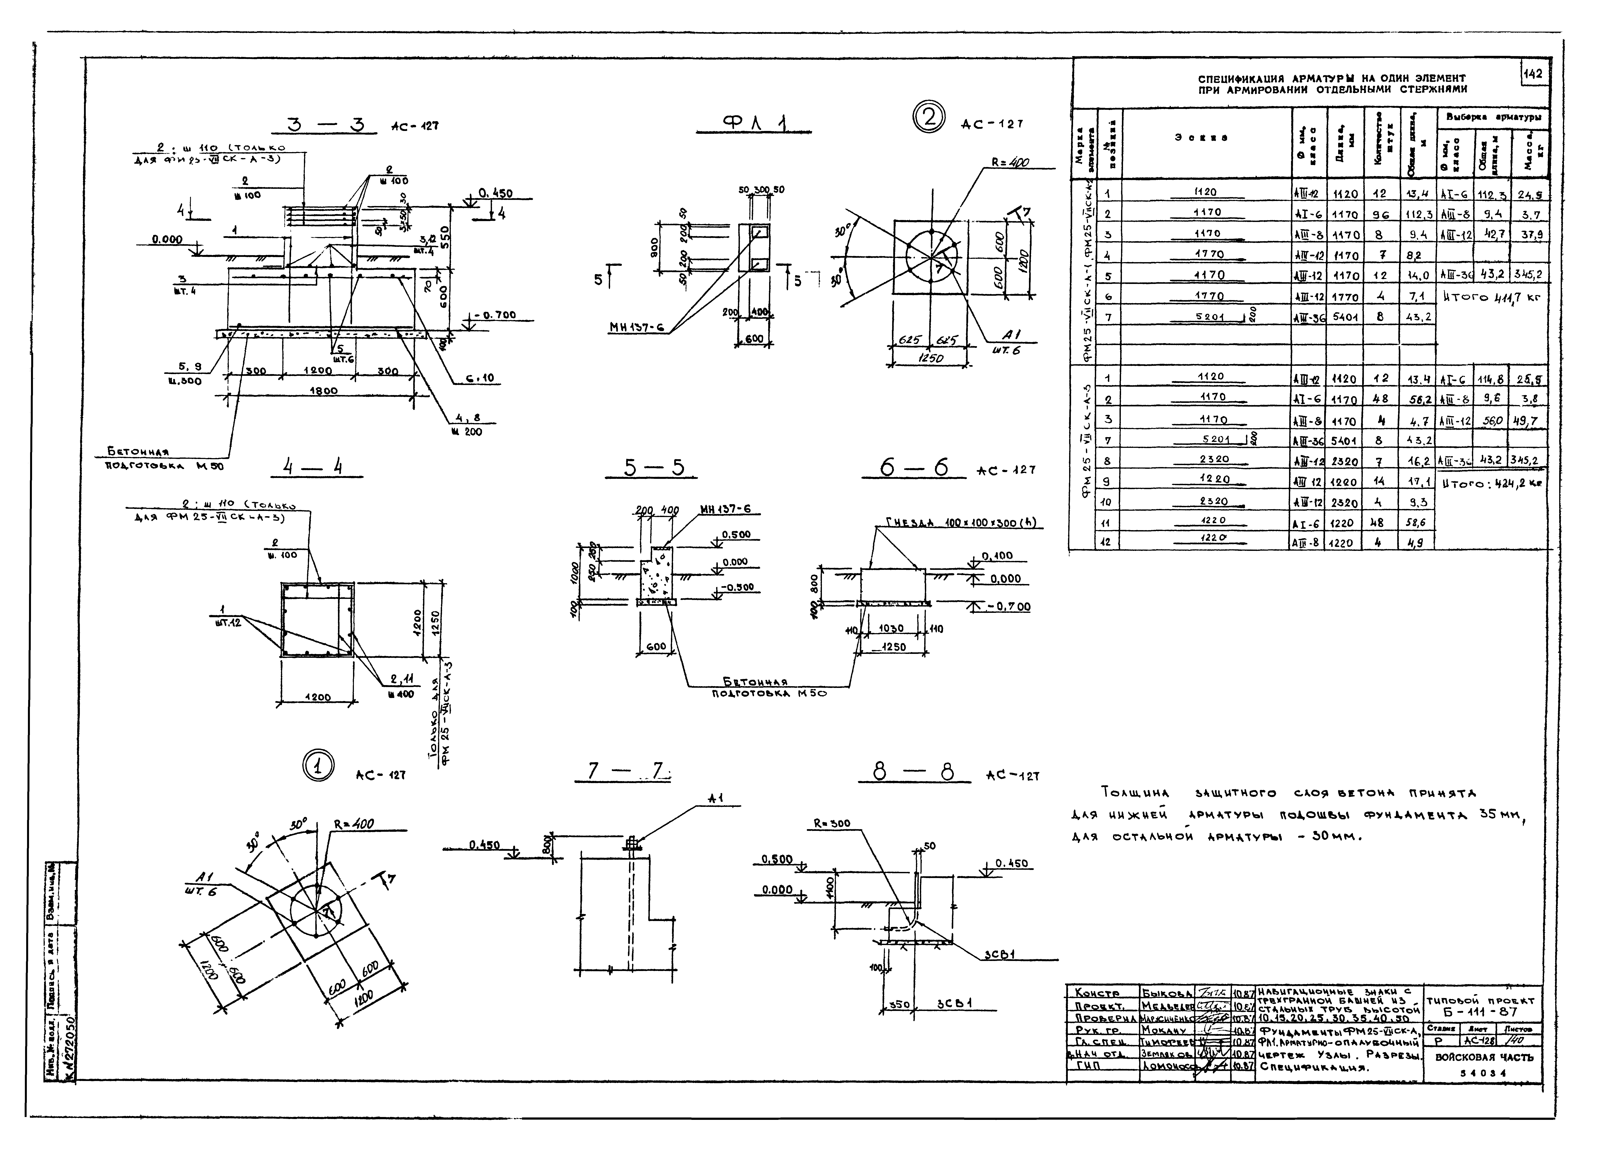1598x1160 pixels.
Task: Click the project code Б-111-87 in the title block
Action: pyautogui.click(x=1480, y=1011)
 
